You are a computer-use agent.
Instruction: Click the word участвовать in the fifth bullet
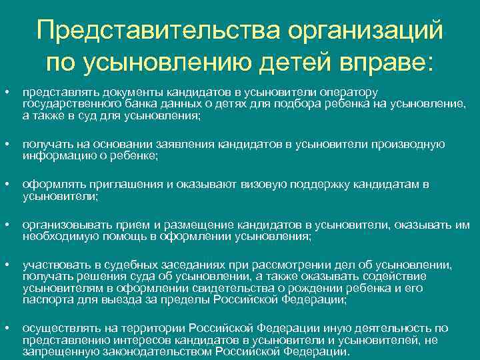[53, 264]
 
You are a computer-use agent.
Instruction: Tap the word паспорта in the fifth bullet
[44, 300]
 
